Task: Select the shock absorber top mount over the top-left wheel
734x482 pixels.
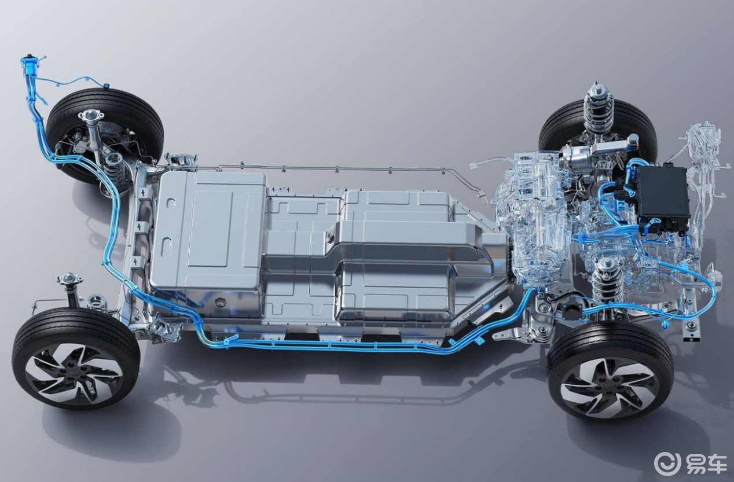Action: coord(91,116)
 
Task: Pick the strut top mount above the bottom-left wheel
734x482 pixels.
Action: coord(69,279)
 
